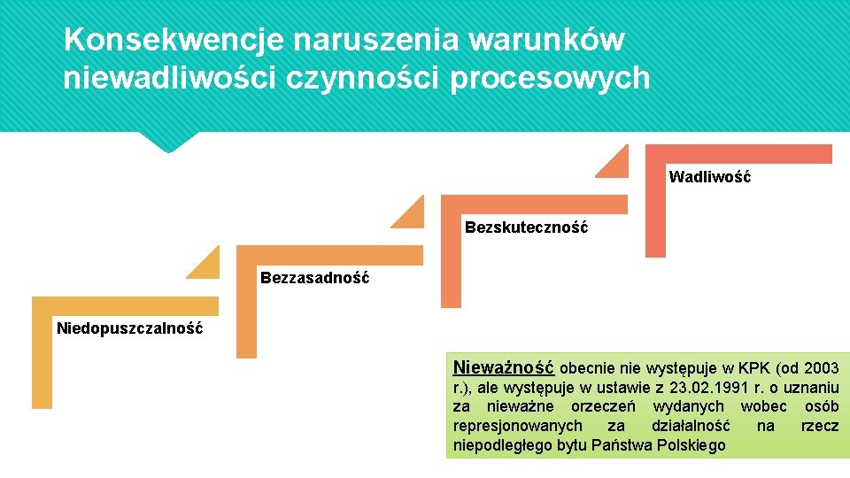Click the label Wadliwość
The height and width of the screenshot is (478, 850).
709,177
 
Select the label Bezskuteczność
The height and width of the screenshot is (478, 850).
526,227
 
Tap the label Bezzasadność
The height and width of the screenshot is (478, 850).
314,278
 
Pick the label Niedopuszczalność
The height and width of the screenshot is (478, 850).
129,328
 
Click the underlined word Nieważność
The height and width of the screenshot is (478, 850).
503,366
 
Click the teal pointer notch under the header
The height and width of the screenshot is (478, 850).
167,142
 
